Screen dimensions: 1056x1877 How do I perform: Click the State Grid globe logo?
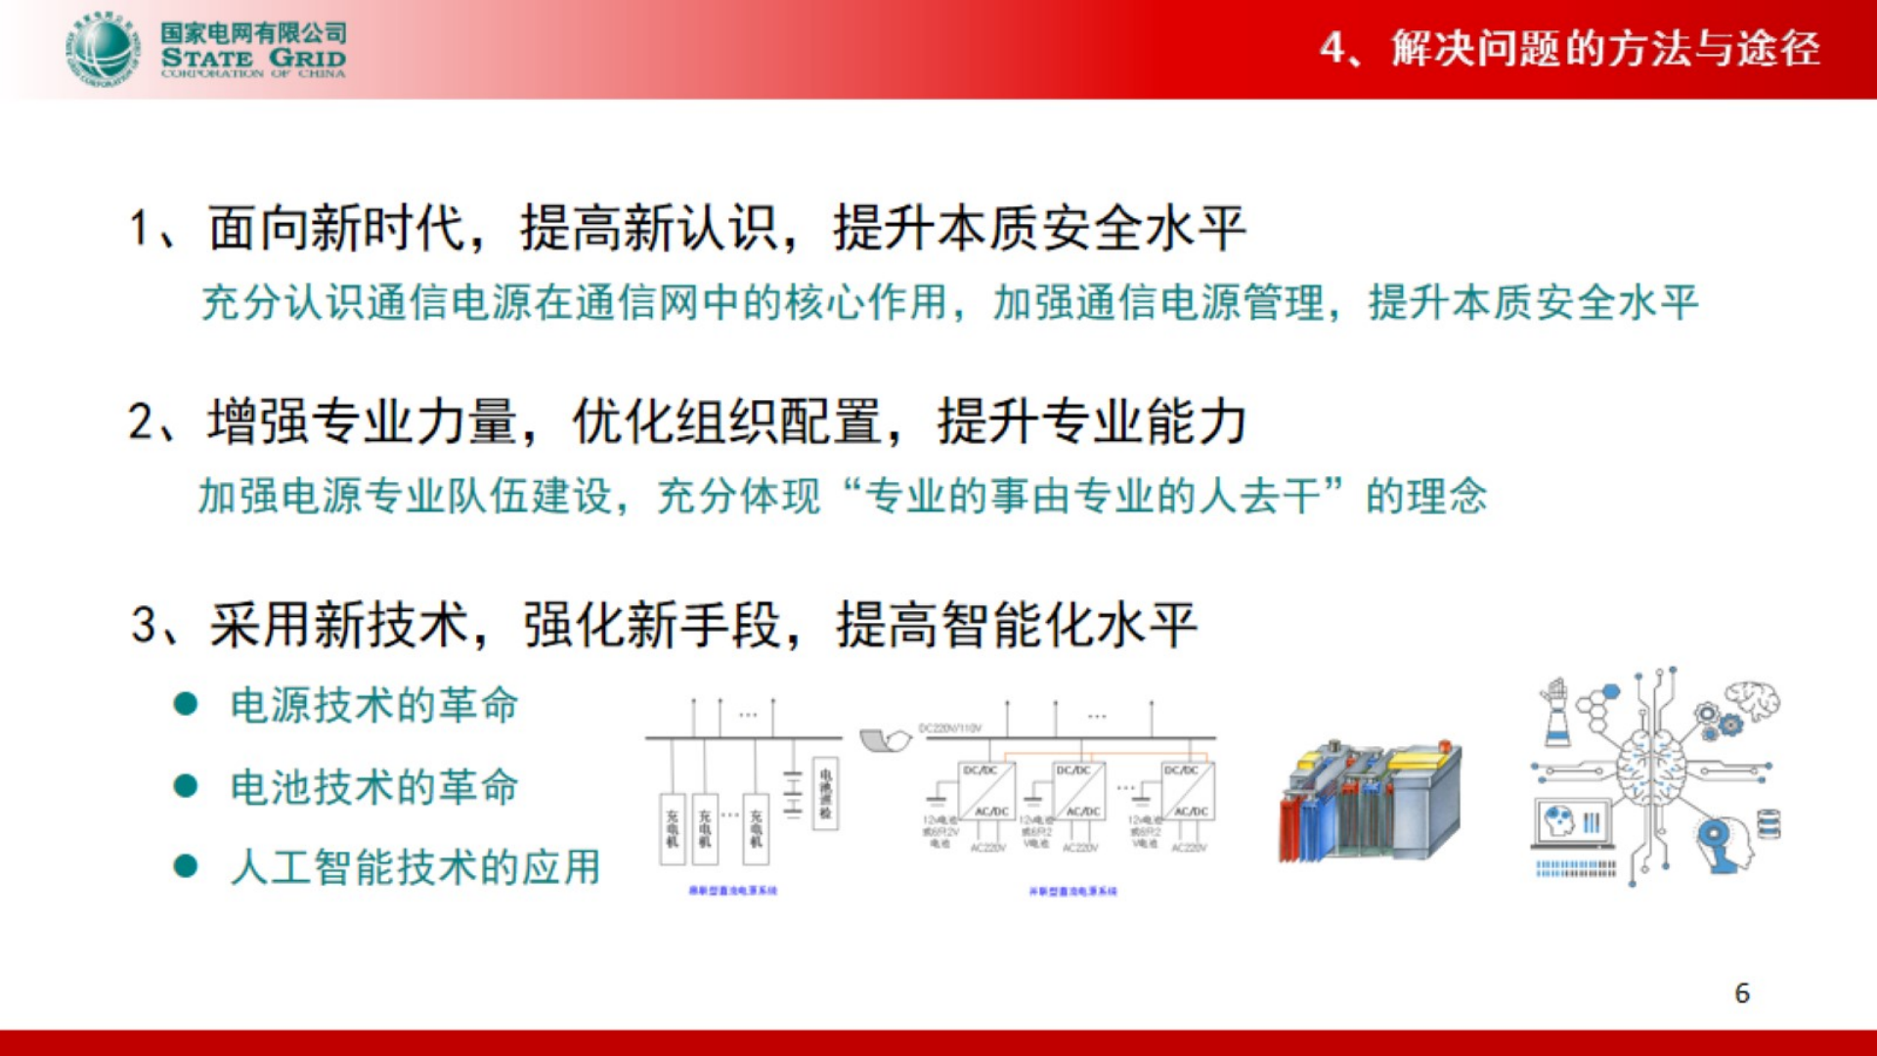point(102,50)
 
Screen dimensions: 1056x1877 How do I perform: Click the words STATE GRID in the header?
point(253,58)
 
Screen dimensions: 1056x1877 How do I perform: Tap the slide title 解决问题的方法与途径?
point(1605,48)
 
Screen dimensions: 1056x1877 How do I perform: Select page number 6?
point(1741,993)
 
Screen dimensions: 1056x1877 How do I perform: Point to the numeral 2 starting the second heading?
point(141,422)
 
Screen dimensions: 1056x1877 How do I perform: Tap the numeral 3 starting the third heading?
point(144,625)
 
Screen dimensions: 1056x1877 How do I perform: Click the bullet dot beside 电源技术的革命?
point(186,705)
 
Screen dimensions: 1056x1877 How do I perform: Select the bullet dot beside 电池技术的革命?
point(186,786)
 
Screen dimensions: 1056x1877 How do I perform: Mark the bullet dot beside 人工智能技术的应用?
point(186,866)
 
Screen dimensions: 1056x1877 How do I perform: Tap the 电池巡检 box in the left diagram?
point(826,793)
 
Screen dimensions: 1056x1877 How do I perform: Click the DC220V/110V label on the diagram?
point(949,728)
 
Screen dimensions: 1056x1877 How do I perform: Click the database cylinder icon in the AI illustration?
point(1768,823)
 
